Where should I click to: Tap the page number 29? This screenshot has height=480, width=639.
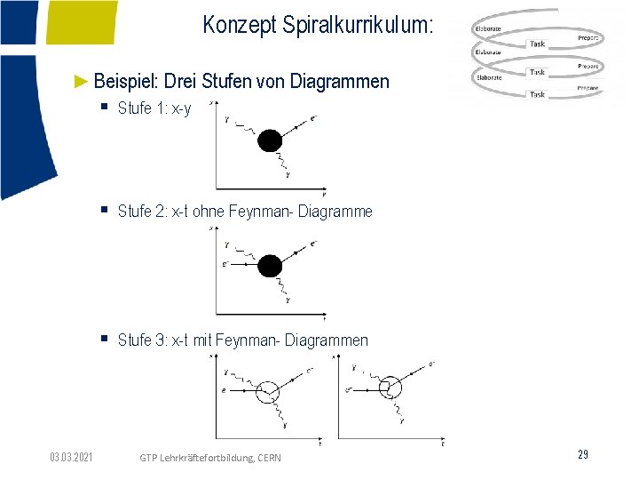tap(583, 455)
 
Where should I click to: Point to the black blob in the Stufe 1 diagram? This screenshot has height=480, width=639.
tap(270, 140)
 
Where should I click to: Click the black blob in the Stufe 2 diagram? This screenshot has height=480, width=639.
tap(270, 266)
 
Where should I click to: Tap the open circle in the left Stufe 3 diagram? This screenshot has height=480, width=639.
tap(267, 390)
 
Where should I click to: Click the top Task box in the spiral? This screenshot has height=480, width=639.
tap(538, 44)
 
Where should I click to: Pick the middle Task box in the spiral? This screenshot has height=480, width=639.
tap(537, 72)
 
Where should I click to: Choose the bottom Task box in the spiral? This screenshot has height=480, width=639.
tap(537, 94)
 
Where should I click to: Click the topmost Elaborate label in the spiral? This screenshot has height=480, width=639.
tap(488, 28)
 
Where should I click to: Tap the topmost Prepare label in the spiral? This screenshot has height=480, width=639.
tap(588, 38)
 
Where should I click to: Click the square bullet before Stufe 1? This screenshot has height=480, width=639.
tap(104, 109)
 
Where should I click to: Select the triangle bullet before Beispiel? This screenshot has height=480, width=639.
tap(81, 82)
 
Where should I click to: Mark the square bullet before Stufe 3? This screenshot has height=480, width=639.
tap(104, 339)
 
